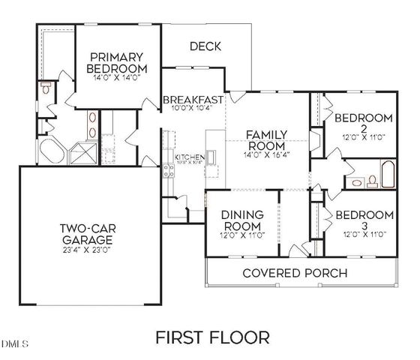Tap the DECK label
coord(205,46)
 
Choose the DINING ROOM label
coord(240,220)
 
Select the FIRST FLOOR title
coord(212,337)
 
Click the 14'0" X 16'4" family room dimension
coord(267,154)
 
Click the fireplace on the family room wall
coord(316,140)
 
